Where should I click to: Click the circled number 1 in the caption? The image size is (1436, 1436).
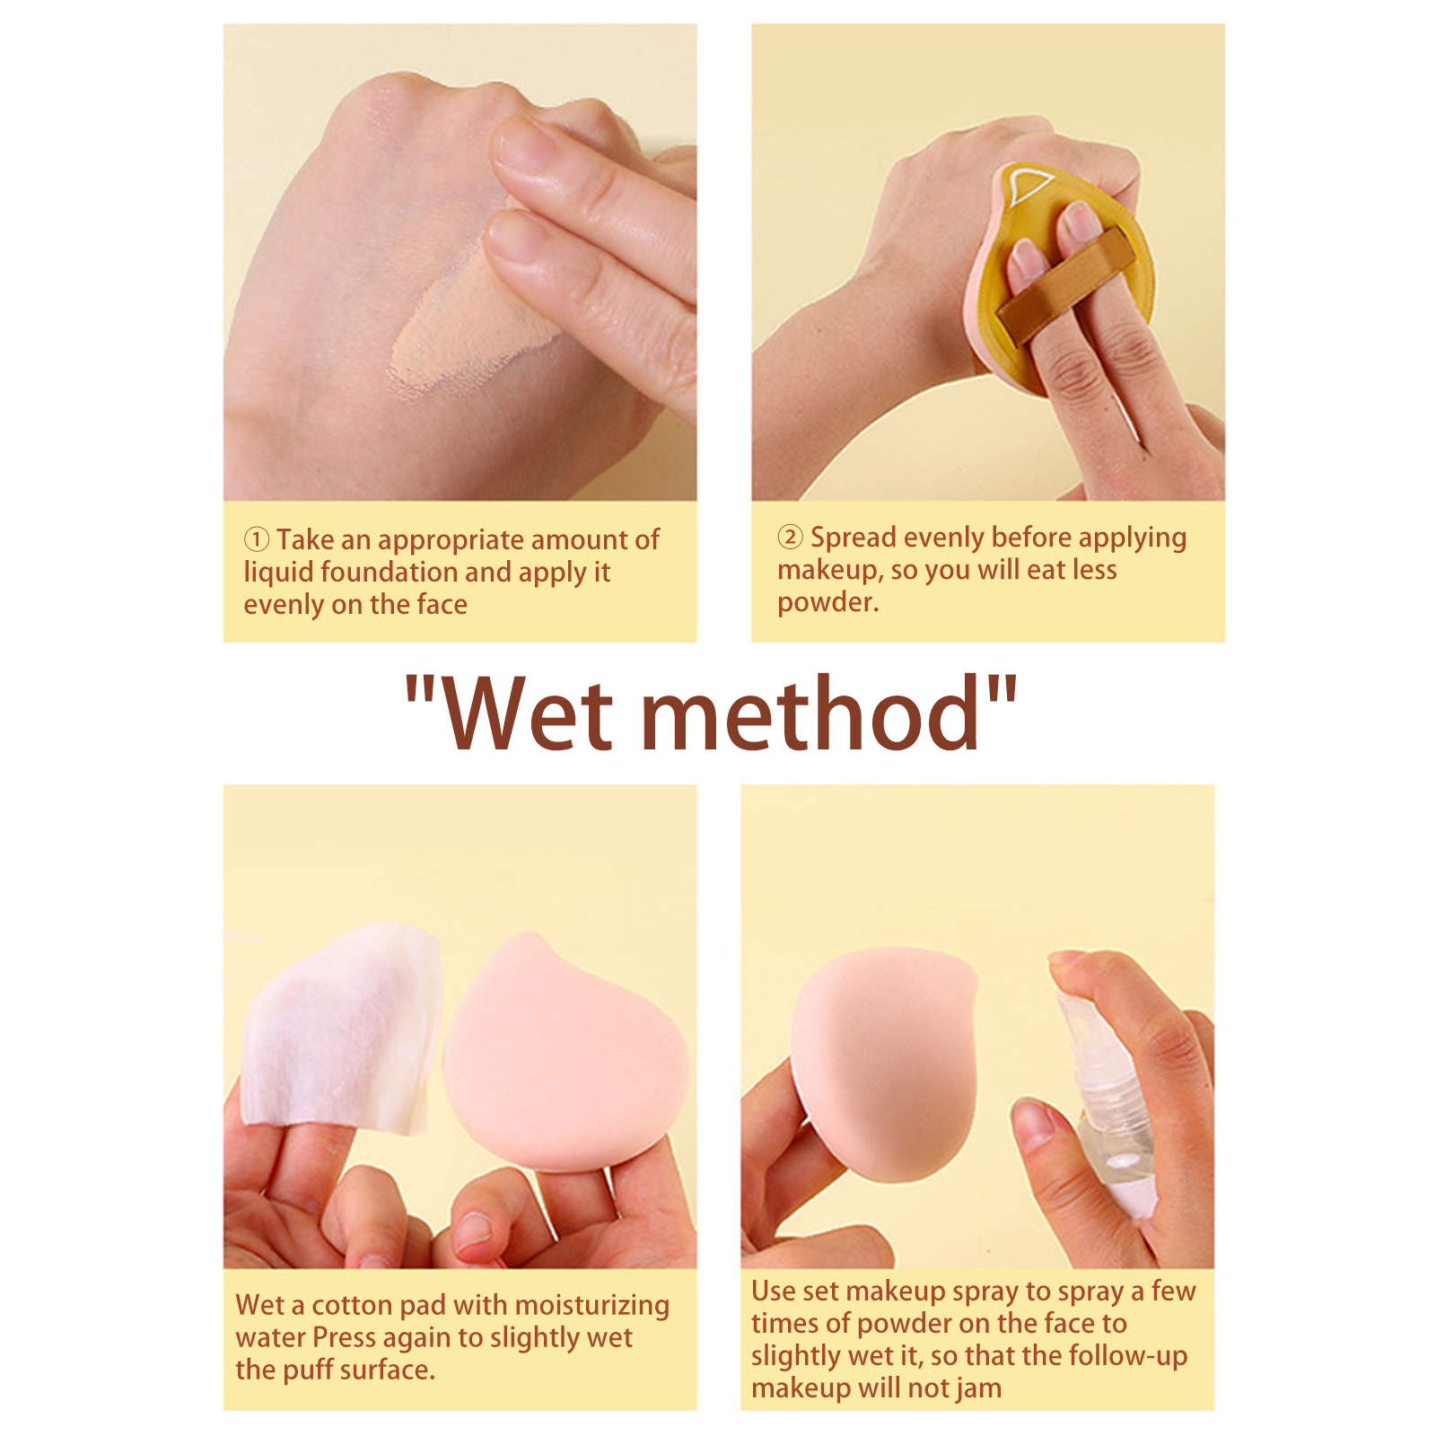(x=257, y=539)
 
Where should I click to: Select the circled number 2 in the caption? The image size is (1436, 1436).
(x=790, y=537)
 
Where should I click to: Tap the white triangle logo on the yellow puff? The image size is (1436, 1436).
(x=1027, y=188)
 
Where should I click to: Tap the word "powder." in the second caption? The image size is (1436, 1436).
(x=828, y=602)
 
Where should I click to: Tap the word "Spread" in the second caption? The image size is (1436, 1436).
(x=854, y=538)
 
